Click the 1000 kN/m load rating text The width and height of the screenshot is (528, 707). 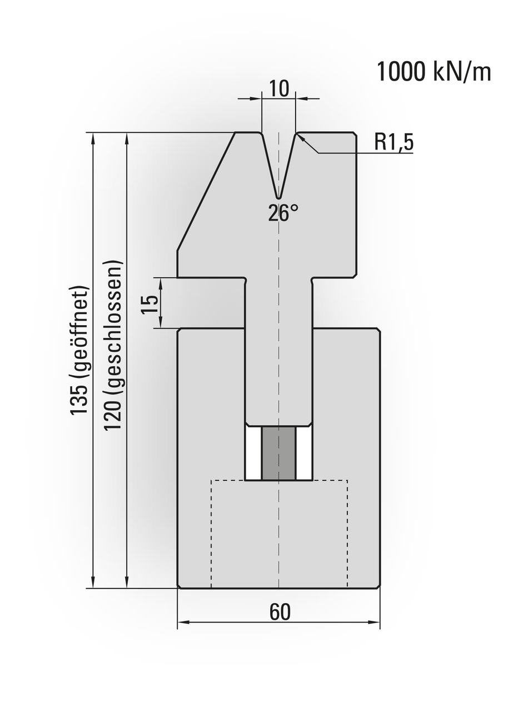click(x=434, y=72)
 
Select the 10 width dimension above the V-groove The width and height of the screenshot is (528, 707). click(x=279, y=88)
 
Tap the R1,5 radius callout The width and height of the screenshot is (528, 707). click(x=393, y=142)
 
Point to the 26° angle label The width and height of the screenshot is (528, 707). click(x=283, y=213)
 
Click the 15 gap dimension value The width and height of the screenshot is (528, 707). click(x=150, y=303)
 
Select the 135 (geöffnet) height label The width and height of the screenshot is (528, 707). click(x=79, y=350)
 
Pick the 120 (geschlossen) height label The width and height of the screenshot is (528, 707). click(x=113, y=345)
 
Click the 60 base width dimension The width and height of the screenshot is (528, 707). click(x=280, y=612)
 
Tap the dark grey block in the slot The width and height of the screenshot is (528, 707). click(x=278, y=453)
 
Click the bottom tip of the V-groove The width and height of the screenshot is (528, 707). click(x=278, y=197)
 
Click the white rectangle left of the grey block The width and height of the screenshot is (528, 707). click(x=253, y=453)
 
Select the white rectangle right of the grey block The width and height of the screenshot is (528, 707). click(x=303, y=453)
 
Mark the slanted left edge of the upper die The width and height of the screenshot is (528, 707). click(x=206, y=192)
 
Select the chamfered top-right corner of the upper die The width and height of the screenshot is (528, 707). click(x=354, y=134)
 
